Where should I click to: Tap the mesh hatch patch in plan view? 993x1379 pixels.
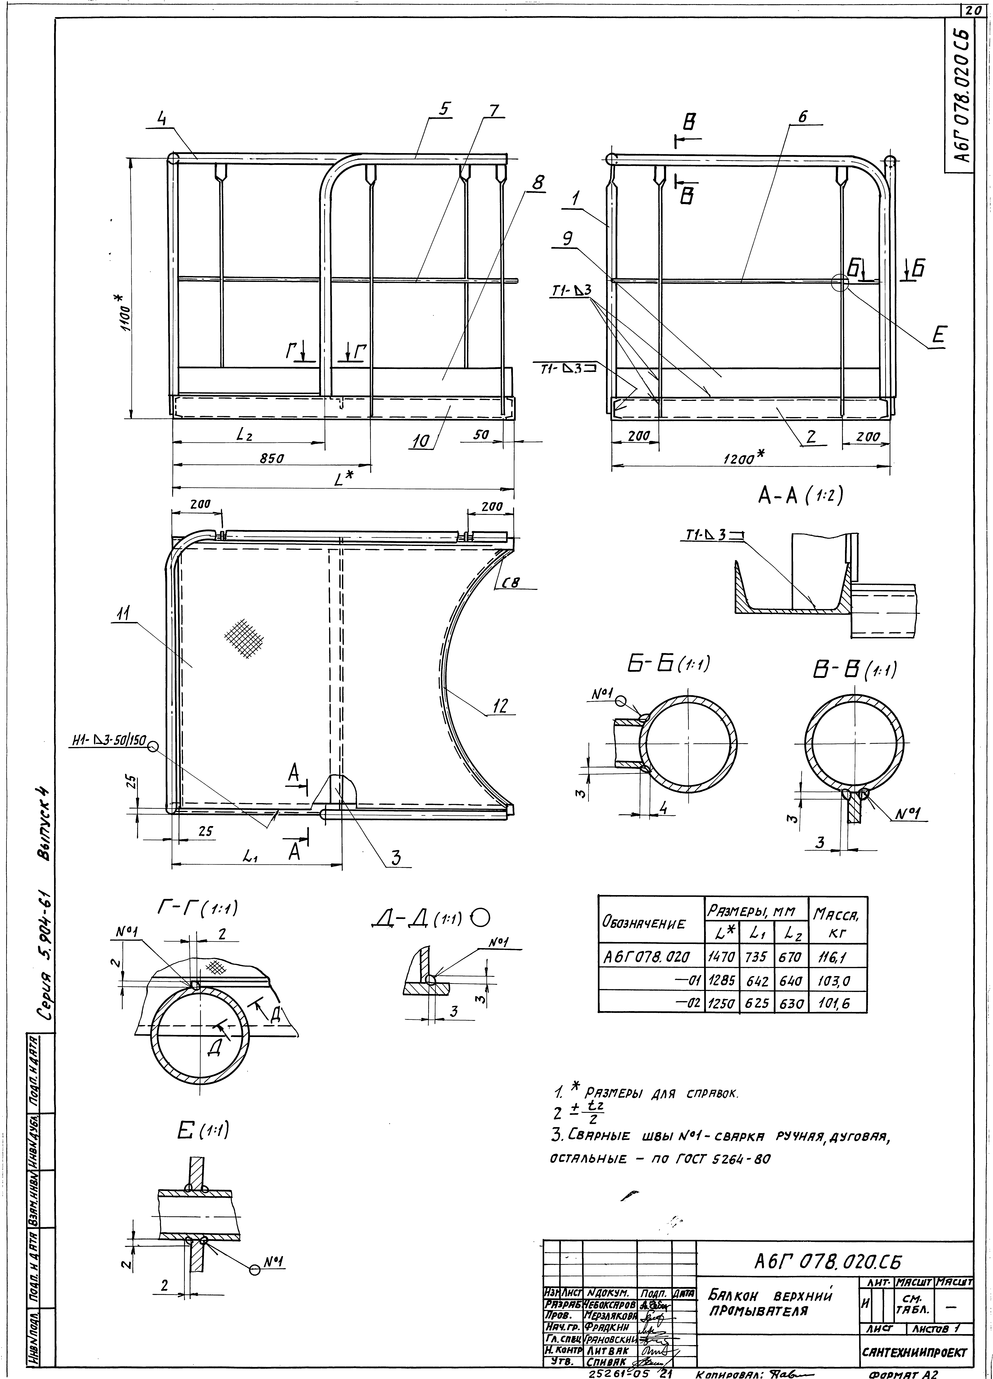[x=244, y=638]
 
